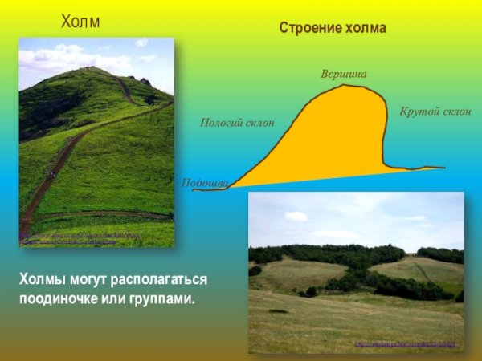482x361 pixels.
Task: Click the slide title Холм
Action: (80, 22)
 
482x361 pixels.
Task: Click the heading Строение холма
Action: (333, 28)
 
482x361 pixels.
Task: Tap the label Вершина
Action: (343, 74)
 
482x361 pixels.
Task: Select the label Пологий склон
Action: (237, 123)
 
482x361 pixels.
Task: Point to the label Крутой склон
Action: (435, 110)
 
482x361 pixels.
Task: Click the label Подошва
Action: (206, 183)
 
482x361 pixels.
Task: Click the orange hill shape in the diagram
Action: (337, 136)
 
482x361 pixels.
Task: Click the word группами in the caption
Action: (165, 298)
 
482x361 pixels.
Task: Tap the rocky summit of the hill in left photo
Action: (145, 81)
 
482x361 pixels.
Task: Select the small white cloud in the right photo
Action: (296, 216)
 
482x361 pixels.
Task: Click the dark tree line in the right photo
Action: (337, 255)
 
